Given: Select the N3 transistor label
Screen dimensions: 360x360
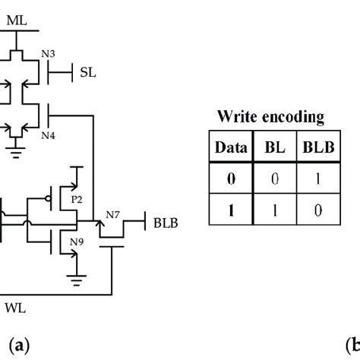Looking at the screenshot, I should coord(47,54).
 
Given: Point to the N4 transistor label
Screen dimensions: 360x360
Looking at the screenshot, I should coord(47,134).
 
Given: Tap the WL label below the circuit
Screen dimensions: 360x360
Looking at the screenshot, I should coord(15,308).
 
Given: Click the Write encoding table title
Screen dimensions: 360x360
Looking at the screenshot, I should coord(270,117).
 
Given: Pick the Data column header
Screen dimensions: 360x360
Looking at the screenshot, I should coord(229,148).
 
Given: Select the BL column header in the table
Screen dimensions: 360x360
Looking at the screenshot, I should coord(271,148).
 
